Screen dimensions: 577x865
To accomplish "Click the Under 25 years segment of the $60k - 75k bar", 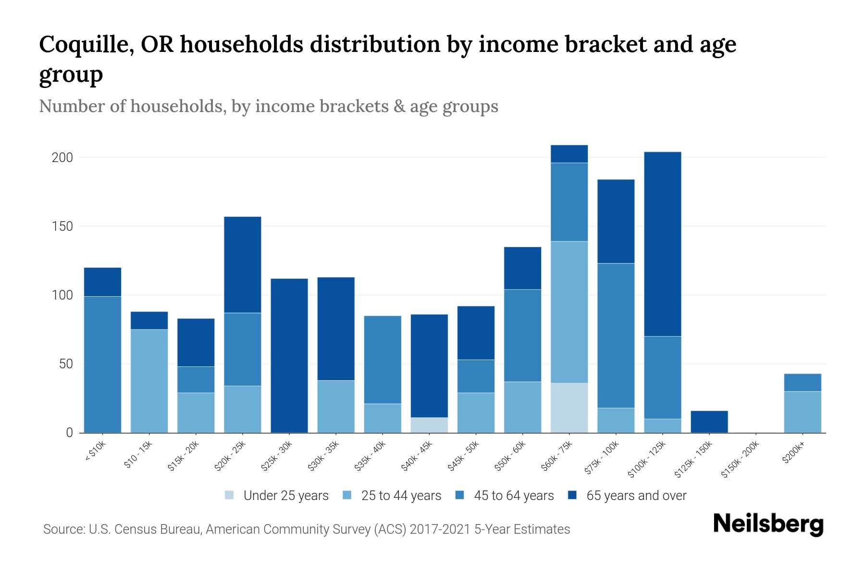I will click(569, 408).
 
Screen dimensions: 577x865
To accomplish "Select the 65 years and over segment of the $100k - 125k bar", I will click(662, 244).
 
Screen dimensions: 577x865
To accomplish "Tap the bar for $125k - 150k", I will click(709, 422).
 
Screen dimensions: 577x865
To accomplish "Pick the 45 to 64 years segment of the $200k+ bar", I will click(802, 383).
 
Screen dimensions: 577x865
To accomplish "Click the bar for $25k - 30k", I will click(289, 356).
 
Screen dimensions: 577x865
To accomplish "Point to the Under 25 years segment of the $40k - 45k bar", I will click(429, 425).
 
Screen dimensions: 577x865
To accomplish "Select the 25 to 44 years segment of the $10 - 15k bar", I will click(149, 381).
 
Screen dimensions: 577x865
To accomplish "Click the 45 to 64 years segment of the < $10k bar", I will click(102, 364).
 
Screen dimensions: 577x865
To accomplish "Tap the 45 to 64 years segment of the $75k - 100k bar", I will click(616, 336).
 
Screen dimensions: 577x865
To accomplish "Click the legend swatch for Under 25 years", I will click(230, 495).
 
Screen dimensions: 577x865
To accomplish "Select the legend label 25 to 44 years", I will click(401, 496).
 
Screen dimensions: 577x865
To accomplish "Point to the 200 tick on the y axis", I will click(62, 158).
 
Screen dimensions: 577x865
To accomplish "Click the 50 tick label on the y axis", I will click(66, 364).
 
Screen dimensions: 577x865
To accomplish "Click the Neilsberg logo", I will click(768, 524).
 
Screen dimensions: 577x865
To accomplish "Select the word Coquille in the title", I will click(82, 45).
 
